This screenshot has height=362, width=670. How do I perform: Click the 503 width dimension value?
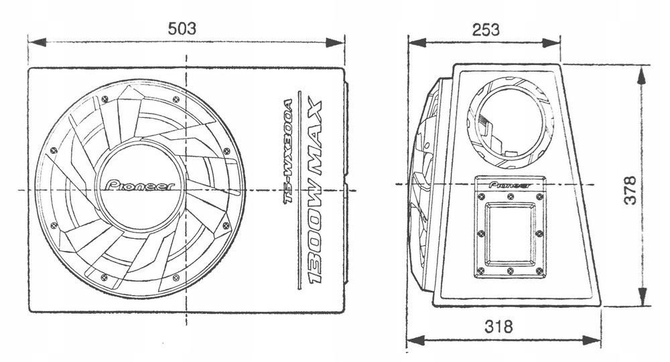pos(182,28)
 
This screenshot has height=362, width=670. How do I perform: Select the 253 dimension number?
pos(485,29)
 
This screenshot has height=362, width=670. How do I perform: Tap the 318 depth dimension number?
pos(498,327)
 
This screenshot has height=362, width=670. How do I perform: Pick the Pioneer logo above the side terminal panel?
pos(510,184)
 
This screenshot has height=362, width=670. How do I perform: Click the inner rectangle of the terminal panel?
pos(510,233)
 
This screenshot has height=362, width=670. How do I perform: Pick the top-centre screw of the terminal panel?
pos(511,196)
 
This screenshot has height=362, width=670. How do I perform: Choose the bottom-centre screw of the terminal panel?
pos(511,271)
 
